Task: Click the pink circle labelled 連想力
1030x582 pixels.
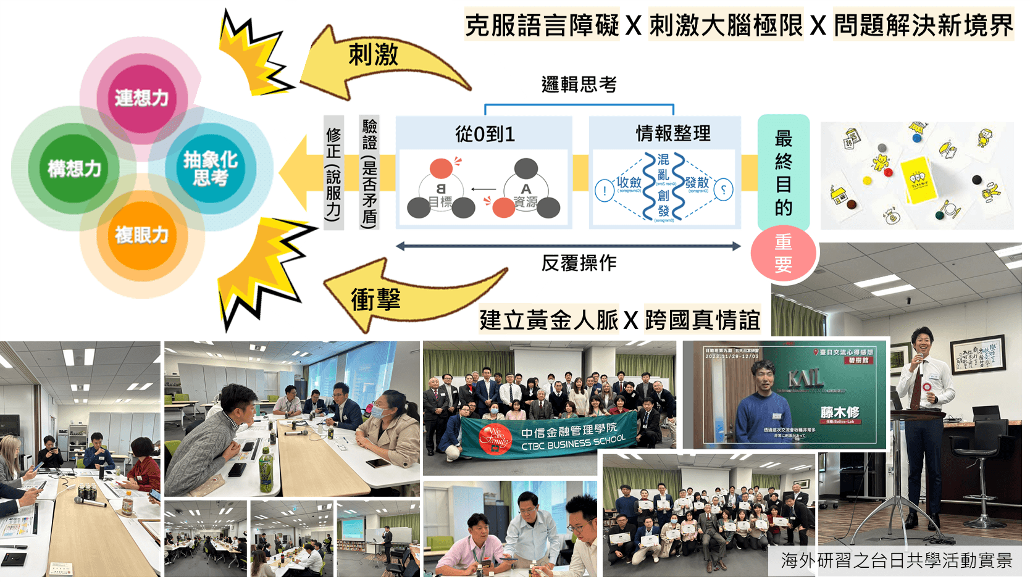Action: pyautogui.click(x=141, y=98)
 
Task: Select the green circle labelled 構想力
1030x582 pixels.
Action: pyautogui.click(x=74, y=168)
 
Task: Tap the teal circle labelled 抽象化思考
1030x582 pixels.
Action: pyautogui.click(x=210, y=168)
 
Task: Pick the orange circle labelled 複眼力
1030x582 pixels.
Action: pyautogui.click(x=141, y=235)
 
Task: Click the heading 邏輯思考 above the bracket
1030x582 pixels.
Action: pyautogui.click(x=579, y=85)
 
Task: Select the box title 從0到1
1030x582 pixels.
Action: pyautogui.click(x=485, y=134)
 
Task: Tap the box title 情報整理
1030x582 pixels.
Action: pyautogui.click(x=673, y=133)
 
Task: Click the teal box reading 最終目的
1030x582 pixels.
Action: pyautogui.click(x=783, y=173)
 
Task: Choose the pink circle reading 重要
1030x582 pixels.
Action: pyautogui.click(x=783, y=253)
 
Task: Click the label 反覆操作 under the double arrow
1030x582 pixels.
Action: pyautogui.click(x=579, y=263)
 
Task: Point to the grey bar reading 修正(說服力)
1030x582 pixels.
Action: pyautogui.click(x=333, y=173)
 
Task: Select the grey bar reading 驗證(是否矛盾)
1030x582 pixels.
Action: pyautogui.click(x=369, y=173)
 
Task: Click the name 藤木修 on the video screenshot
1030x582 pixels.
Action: pyautogui.click(x=839, y=412)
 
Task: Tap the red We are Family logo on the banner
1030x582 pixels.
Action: pyautogui.click(x=495, y=439)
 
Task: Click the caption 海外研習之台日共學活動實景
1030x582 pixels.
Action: pyautogui.click(x=897, y=560)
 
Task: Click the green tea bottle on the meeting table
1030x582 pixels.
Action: pyautogui.click(x=266, y=472)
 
